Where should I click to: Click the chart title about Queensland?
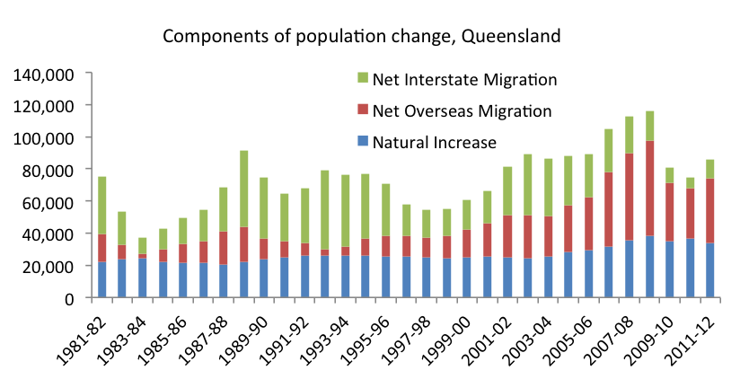(361, 37)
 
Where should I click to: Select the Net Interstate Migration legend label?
(465, 79)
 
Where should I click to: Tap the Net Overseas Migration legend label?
(462, 110)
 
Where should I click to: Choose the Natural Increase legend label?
(434, 142)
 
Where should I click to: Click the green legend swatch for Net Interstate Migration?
(362, 79)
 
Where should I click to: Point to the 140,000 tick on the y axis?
(45, 74)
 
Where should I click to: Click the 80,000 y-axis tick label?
(48, 170)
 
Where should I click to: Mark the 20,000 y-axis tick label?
(48, 266)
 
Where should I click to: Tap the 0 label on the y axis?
(79, 298)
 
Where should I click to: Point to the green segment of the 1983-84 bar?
(143, 245)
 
